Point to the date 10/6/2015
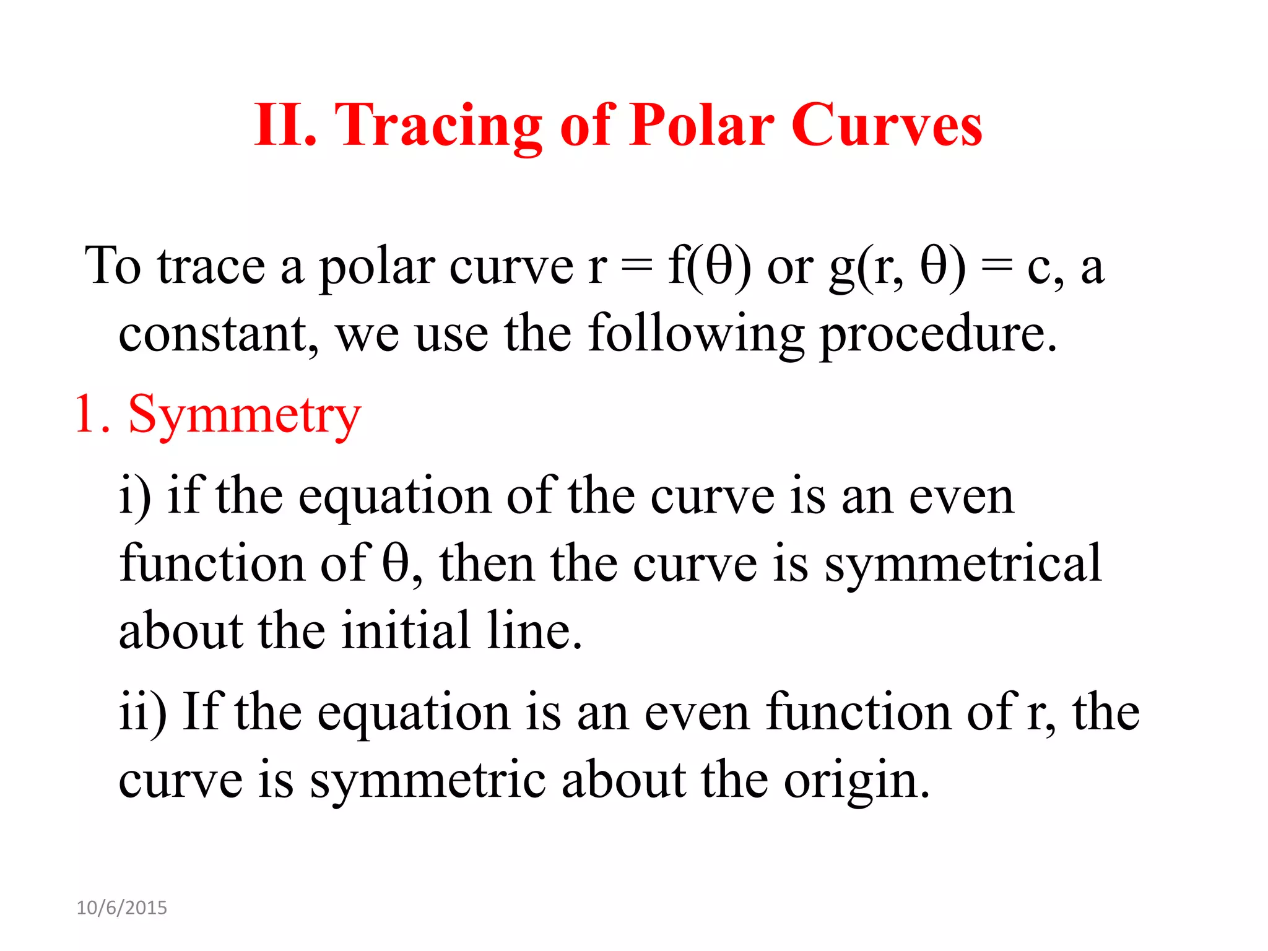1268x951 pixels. point(122,908)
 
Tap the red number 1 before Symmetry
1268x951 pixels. point(85,415)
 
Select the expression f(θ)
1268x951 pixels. point(710,266)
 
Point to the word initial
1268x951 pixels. point(406,632)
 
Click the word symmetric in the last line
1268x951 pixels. point(427,780)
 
